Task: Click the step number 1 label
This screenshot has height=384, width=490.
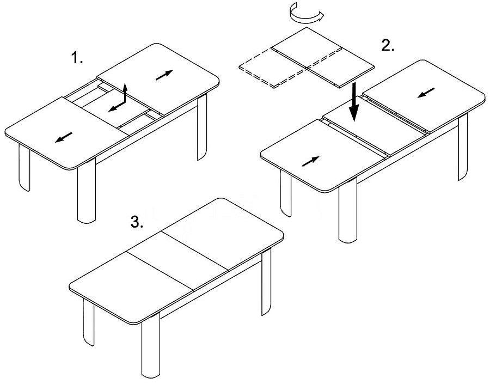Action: (x=77, y=58)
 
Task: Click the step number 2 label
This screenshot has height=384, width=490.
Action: (x=388, y=46)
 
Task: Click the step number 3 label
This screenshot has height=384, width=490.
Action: (x=137, y=222)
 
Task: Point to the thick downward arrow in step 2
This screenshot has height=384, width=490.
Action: (x=354, y=102)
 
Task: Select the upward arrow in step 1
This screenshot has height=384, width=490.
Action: (x=125, y=93)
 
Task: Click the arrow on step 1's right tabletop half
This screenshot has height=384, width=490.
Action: (x=164, y=75)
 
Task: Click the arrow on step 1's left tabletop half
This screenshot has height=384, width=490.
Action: (x=64, y=138)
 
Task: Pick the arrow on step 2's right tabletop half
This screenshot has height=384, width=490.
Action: (x=426, y=93)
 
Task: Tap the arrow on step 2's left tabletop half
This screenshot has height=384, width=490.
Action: (x=311, y=161)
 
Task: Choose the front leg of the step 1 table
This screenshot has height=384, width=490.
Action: (x=86, y=191)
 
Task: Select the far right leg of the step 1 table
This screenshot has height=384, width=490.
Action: (x=202, y=126)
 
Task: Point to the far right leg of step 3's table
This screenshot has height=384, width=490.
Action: (x=266, y=282)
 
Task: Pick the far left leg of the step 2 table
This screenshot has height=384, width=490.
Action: (x=286, y=193)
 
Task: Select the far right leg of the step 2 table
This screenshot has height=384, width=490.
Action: (x=463, y=147)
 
